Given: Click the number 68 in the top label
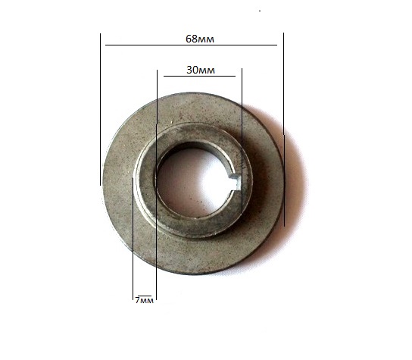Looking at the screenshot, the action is point(192,39).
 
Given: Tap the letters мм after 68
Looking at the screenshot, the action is point(206,39).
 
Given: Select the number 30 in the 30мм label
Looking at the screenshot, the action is point(192,70).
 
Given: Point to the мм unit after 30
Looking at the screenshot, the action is point(206,70).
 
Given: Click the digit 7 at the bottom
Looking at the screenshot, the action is point(137,300).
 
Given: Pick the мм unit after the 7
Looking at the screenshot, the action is point(146,301).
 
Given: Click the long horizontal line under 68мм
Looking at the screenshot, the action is point(191,45).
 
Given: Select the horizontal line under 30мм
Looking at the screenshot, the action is point(199,77).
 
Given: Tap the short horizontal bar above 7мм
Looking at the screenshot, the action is point(145,296).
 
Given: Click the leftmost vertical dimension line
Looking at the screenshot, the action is point(100,109).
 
